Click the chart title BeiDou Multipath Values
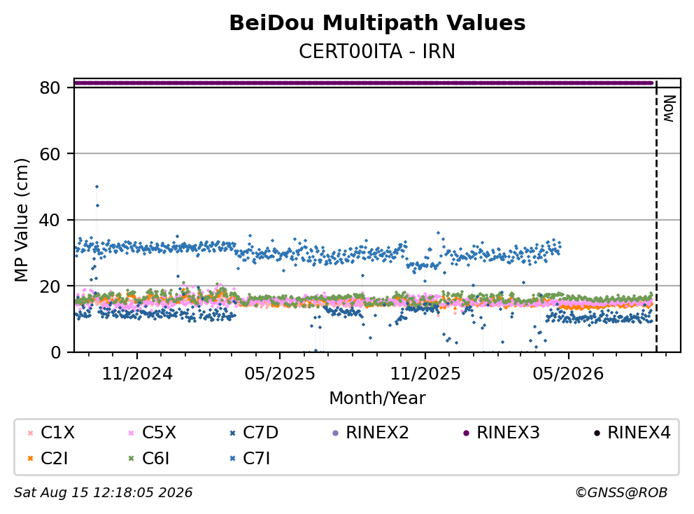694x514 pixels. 377,23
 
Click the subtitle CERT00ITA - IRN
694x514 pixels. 377,51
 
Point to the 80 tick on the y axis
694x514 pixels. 50,88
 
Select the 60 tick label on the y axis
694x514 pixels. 50,154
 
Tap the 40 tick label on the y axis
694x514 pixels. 50,220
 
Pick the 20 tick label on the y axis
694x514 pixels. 50,286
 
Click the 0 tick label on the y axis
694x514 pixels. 55,352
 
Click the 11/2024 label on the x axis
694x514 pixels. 137,374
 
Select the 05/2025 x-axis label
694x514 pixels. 280,374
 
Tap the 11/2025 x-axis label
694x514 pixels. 425,374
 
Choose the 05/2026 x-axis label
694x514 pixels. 568,374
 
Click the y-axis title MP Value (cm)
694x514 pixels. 21,220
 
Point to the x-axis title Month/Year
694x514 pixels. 377,398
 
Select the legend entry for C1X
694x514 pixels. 51,433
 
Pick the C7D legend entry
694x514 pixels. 254,433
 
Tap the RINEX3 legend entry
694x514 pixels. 502,433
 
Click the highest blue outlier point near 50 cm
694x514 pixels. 97,186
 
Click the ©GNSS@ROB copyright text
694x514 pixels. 621,492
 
